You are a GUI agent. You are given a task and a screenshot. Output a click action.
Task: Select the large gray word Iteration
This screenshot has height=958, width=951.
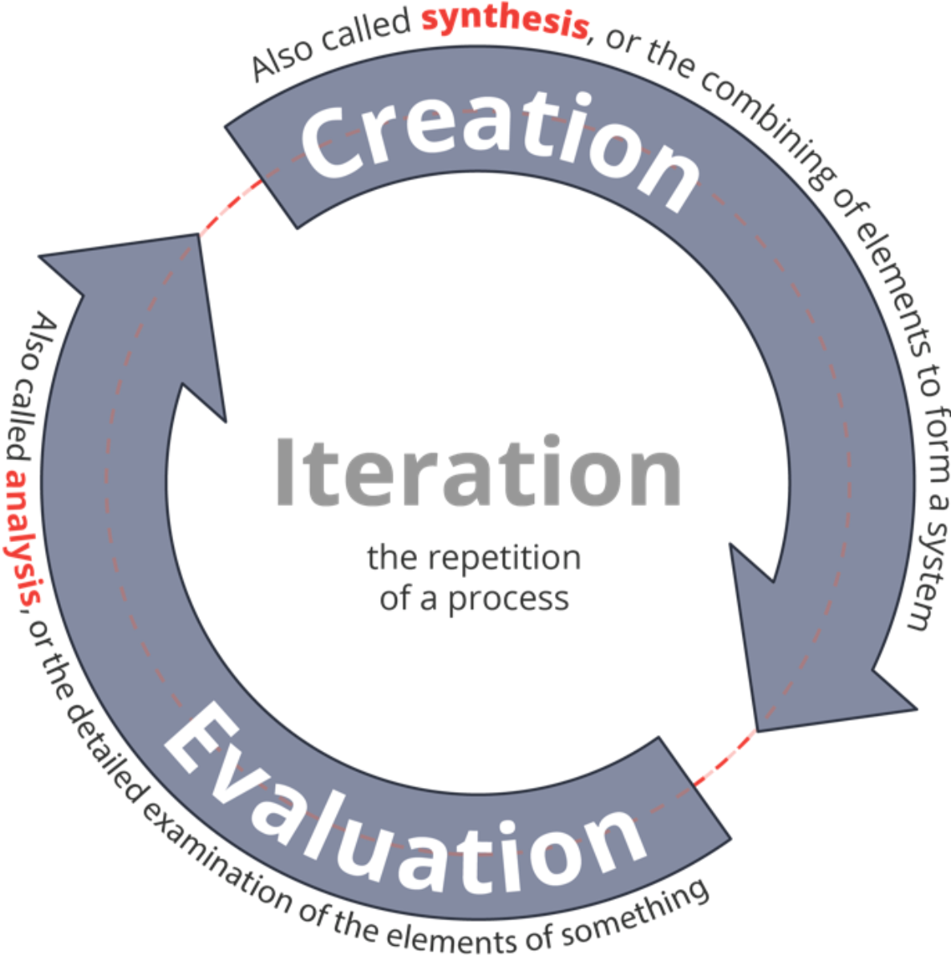point(478,471)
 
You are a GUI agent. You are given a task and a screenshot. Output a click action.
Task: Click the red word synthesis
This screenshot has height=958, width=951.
point(505,19)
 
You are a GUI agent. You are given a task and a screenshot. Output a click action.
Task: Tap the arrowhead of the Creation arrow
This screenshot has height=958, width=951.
point(813,660)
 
